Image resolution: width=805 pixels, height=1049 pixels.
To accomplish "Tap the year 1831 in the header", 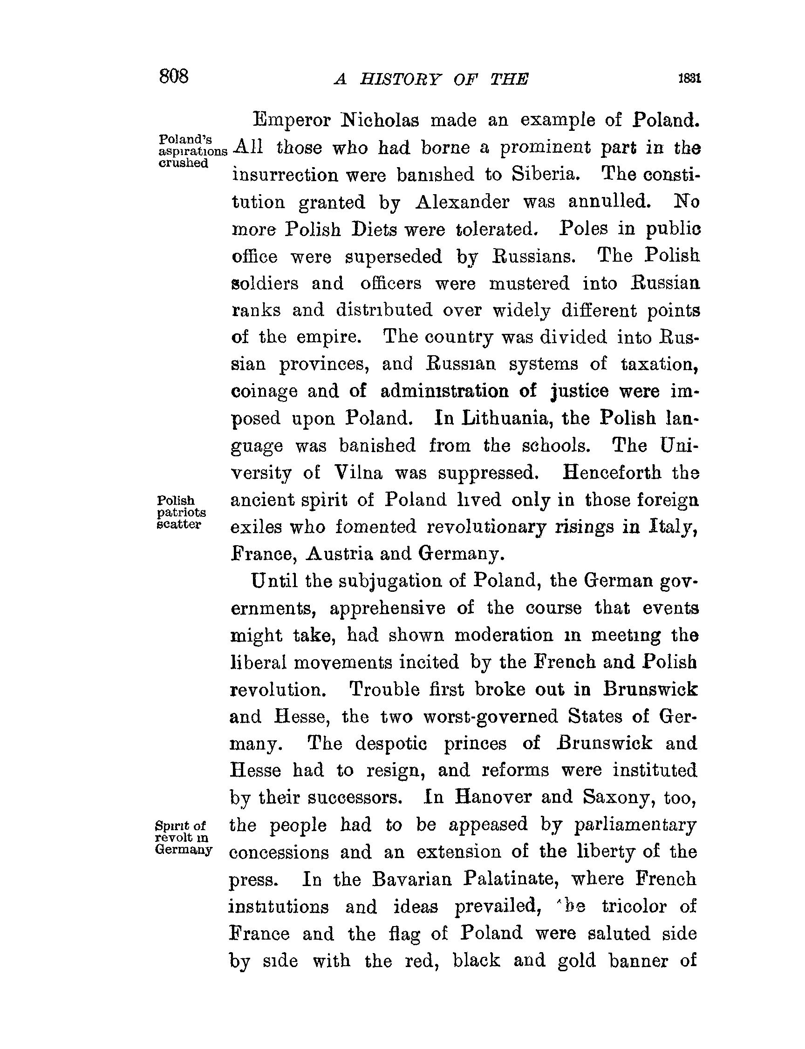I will [x=689, y=79].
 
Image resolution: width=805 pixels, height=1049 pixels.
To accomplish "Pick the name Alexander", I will [x=462, y=202].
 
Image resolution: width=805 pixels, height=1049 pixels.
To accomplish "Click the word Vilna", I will [x=358, y=473].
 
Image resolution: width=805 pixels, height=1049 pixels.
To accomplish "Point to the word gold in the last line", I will [x=576, y=961].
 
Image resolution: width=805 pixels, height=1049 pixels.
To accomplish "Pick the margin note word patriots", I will [x=182, y=512].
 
